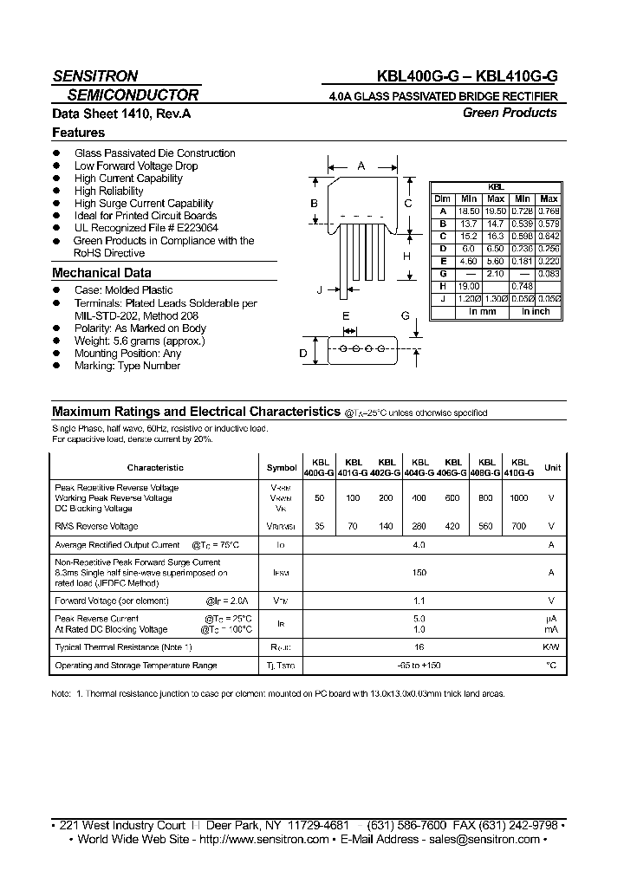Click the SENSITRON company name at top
click(x=94, y=75)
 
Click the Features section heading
click(x=78, y=133)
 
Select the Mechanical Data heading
click(x=101, y=273)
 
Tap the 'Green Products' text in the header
click(x=509, y=113)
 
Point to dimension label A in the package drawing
click(x=361, y=166)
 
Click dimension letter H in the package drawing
click(x=406, y=257)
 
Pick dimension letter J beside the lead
click(x=320, y=289)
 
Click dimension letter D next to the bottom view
click(x=303, y=353)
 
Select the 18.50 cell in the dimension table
click(x=469, y=211)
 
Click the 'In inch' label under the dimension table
click(x=535, y=311)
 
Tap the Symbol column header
click(x=281, y=468)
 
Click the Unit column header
click(x=551, y=468)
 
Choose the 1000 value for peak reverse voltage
click(x=517, y=499)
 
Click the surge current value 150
click(x=419, y=574)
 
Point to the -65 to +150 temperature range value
click(x=419, y=666)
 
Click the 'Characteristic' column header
click(x=155, y=468)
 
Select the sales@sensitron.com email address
click(x=486, y=839)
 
